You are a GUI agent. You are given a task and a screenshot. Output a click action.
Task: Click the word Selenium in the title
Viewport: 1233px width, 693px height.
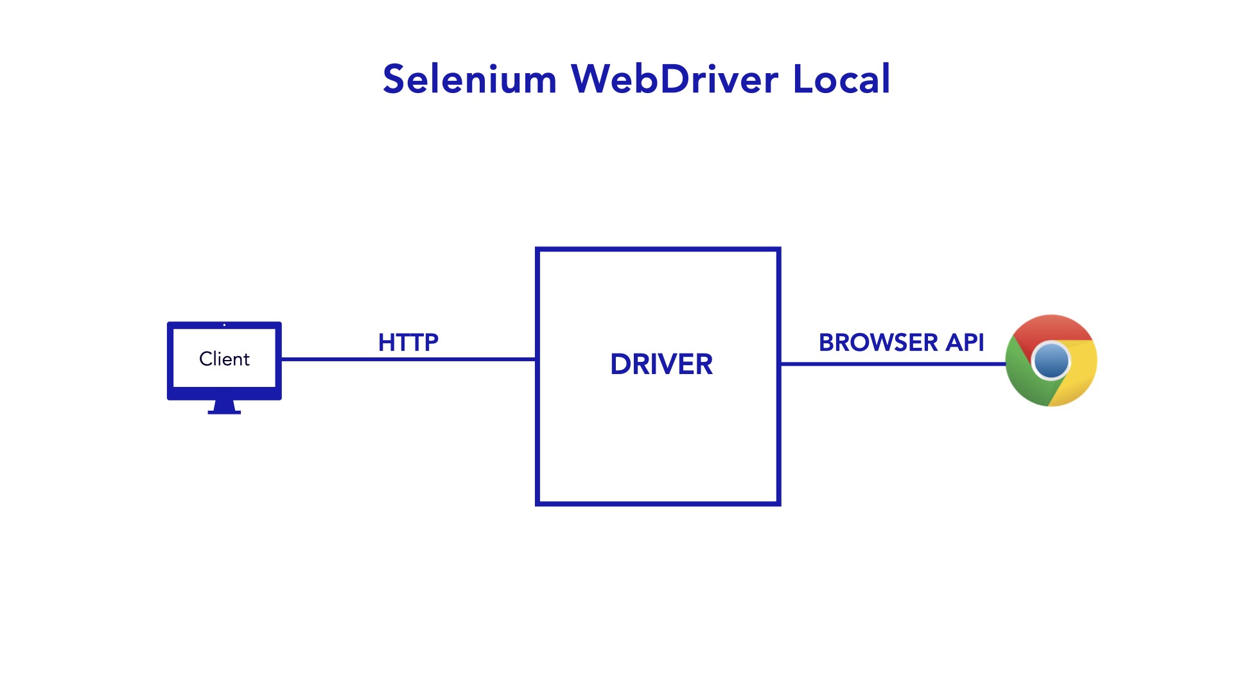[469, 80]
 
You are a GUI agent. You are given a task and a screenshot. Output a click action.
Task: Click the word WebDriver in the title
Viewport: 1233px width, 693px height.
[674, 80]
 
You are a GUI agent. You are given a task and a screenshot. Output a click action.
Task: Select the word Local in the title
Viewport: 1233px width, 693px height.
[841, 80]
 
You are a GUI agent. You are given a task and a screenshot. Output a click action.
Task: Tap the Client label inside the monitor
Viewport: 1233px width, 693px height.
[224, 359]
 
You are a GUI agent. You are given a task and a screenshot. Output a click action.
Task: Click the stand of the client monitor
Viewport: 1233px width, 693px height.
[224, 407]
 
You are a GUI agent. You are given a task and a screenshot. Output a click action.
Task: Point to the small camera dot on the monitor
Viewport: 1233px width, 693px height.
[224, 325]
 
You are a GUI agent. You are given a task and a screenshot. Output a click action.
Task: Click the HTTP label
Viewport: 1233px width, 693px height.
[408, 343]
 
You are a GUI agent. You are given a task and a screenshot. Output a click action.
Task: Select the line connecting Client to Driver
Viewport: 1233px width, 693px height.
[408, 359]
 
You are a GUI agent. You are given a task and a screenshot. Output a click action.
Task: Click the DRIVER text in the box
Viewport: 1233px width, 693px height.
[661, 364]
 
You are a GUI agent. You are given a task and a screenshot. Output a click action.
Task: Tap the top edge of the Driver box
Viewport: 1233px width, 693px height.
[658, 249]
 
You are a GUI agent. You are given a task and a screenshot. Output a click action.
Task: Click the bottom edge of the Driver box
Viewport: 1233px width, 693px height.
[658, 504]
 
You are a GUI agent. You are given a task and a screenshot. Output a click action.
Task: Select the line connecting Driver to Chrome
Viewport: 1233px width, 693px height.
[893, 364]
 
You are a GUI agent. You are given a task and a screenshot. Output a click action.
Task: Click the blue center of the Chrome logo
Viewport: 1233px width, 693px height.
[1051, 361]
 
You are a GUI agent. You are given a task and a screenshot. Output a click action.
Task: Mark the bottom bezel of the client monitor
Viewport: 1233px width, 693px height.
[224, 393]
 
